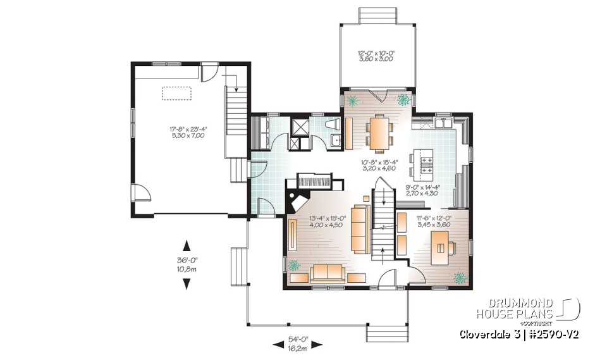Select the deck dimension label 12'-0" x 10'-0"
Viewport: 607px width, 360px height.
tap(376, 56)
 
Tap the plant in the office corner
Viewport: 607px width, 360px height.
tap(460, 278)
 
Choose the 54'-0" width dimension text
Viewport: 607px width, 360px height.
tap(298, 344)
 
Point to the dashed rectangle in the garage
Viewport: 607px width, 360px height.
tap(178, 93)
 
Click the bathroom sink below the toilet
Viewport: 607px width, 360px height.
tap(337, 140)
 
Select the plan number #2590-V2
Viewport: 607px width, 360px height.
tap(555, 333)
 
